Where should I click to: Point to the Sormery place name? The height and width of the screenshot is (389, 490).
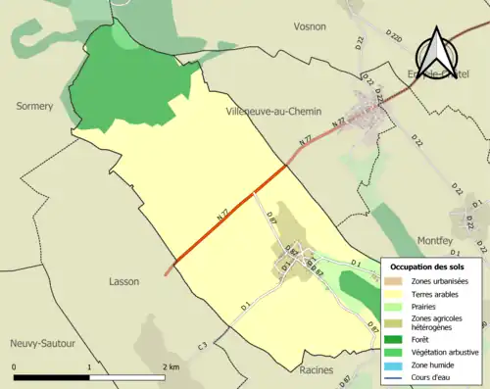(x=34, y=106)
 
